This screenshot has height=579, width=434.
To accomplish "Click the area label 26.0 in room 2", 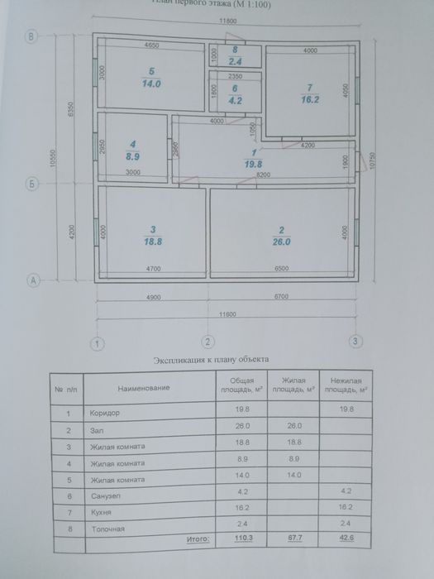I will tap(281, 243).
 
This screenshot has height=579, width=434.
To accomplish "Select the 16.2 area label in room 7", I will tap(309, 98).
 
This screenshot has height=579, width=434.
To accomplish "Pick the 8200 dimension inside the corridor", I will tap(262, 176).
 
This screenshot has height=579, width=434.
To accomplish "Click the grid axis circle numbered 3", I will tap(355, 341).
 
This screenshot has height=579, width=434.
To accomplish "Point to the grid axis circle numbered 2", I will tap(208, 341).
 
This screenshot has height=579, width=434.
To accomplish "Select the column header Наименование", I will tap(143, 387).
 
